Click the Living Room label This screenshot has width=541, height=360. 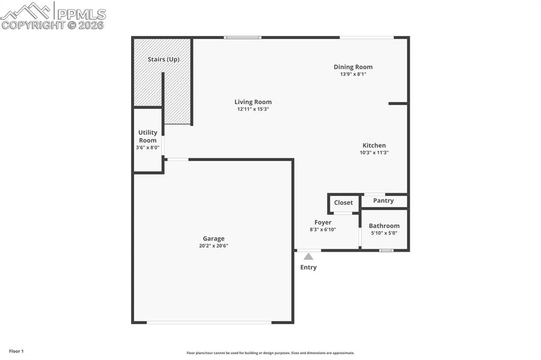[x=253, y=102]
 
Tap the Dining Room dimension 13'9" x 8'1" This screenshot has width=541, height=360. [x=353, y=74]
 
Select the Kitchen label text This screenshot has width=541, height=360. [x=374, y=145]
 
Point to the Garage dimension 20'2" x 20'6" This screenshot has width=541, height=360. [x=213, y=245]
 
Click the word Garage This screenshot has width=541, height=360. [x=213, y=239]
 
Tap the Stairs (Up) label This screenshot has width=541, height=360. [x=163, y=59]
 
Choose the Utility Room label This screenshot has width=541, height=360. [x=147, y=136]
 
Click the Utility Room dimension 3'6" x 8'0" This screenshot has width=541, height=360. [x=147, y=148]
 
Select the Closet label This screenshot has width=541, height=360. [x=343, y=203]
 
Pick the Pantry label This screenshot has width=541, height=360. [x=384, y=201]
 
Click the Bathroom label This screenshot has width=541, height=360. [x=384, y=226]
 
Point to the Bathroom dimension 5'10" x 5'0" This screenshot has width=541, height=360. [x=384, y=233]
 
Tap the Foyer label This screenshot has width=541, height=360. [x=323, y=222]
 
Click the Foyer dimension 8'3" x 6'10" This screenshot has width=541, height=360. [x=323, y=230]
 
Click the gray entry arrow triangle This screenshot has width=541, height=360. [x=308, y=257]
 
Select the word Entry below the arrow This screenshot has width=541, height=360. [x=309, y=267]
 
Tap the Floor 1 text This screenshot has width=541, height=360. [x=16, y=351]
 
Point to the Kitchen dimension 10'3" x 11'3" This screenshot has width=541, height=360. [x=374, y=153]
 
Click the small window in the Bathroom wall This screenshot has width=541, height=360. [x=387, y=250]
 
